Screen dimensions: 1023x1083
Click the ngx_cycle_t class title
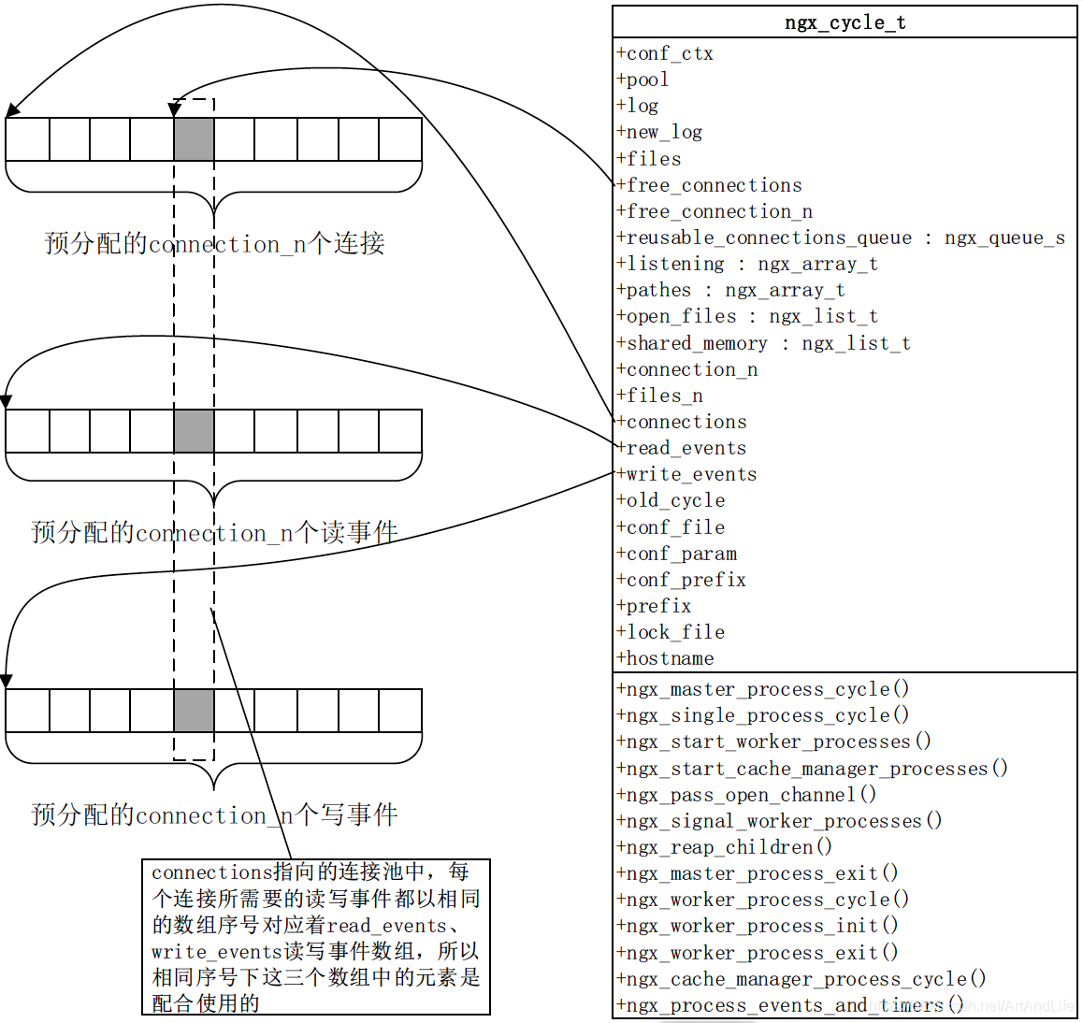pos(845,22)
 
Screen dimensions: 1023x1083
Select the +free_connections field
pos(710,185)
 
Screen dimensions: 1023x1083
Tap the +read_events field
pos(682,448)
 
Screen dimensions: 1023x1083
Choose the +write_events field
pos(687,474)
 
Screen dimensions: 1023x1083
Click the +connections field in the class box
pos(683,422)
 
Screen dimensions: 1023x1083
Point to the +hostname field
pos(666,658)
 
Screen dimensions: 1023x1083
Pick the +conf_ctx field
pos(666,53)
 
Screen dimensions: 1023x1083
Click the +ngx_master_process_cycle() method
pos(763,689)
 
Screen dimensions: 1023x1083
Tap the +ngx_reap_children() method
pos(725,847)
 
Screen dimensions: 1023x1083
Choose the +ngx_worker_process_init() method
pos(758,926)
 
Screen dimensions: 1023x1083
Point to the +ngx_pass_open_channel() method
pos(746,795)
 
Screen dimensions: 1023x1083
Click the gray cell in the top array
pos(194,139)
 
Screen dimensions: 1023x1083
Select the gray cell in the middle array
pos(194,431)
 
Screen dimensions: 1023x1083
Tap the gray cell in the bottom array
pos(194,711)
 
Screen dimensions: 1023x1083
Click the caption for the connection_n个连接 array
pos(214,244)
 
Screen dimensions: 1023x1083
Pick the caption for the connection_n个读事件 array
pos(214,533)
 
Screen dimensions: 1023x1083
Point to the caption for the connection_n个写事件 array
pos(214,814)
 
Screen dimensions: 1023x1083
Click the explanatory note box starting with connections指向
pos(315,937)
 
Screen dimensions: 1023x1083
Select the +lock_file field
pos(671,632)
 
